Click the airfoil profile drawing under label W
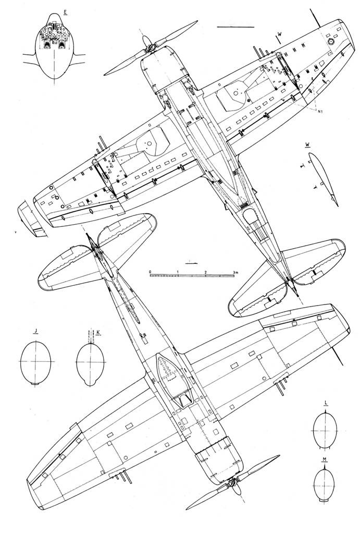pyautogui.click(x=321, y=177)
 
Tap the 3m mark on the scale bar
pyautogui.click(x=235, y=272)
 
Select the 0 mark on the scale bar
pyautogui.click(x=150, y=272)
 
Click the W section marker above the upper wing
pyautogui.click(x=280, y=34)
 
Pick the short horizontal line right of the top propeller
pyautogui.click(x=234, y=26)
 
